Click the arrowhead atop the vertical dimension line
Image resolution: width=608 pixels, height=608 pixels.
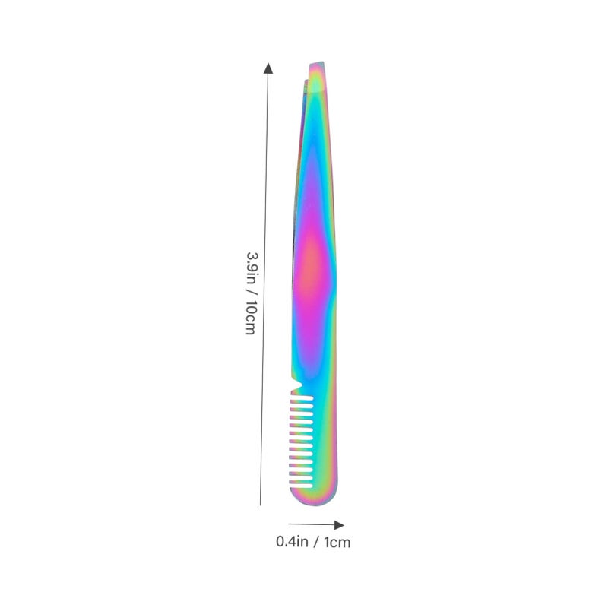coord(268,68)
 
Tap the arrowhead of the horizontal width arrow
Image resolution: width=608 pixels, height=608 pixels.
coord(339,525)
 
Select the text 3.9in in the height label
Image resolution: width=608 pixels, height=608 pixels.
coord(252,268)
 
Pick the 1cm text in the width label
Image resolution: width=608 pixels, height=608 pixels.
coord(337,542)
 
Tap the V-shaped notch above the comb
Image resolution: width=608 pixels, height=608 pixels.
coord(297,384)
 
